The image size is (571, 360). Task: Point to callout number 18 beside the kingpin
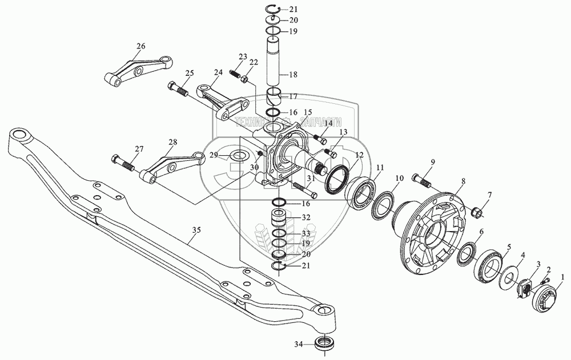coord(293,75)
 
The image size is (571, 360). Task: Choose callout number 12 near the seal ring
coord(359,155)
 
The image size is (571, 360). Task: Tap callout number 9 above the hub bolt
coord(432,163)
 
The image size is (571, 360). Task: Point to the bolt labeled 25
coord(179,89)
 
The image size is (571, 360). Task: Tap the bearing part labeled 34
coord(324,344)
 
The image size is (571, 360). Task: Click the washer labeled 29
coord(239,155)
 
